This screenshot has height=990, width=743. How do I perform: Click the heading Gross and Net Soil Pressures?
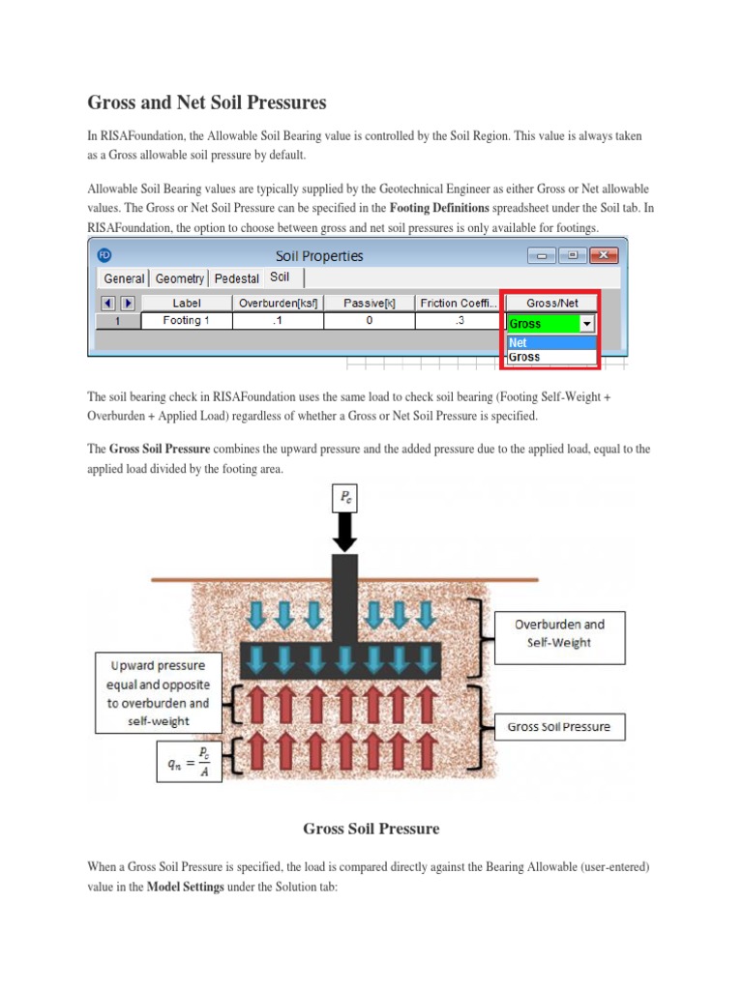pyautogui.click(x=207, y=102)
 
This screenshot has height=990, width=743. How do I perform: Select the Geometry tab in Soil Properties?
pyautogui.click(x=180, y=278)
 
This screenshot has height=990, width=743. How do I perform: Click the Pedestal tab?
pyautogui.click(x=237, y=278)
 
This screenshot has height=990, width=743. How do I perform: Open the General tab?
pyautogui.click(x=124, y=278)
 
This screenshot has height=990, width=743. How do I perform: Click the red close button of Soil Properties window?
pyautogui.click(x=604, y=255)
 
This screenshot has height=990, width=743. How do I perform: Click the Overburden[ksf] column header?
pyautogui.click(x=279, y=303)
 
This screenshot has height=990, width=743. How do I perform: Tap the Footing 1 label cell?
pyautogui.click(x=187, y=320)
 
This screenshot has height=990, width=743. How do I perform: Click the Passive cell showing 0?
pyautogui.click(x=369, y=320)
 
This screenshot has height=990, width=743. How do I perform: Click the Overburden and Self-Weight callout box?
pyautogui.click(x=559, y=634)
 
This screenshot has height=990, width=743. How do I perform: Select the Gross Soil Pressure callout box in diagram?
pyautogui.click(x=559, y=727)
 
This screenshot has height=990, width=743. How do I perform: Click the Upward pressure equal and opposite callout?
pyautogui.click(x=158, y=693)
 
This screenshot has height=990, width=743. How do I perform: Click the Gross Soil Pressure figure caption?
pyautogui.click(x=371, y=829)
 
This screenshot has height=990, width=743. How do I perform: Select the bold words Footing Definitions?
pyautogui.click(x=438, y=207)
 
